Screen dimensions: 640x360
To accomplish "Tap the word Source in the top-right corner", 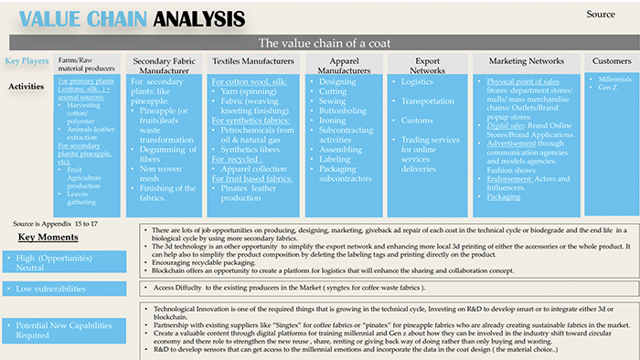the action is click(600, 14).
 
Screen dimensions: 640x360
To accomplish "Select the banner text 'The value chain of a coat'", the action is click(324, 43).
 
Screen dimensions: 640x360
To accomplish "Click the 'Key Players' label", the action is click(27, 61).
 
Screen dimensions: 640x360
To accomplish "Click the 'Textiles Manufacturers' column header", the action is click(252, 61).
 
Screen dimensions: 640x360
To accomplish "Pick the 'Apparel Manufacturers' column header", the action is click(337, 65).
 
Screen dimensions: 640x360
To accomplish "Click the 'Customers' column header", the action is click(611, 61).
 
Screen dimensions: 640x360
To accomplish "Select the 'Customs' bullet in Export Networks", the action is click(417, 120).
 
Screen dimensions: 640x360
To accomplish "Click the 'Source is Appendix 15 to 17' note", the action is click(55, 223).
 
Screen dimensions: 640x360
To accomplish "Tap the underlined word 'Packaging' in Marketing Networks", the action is click(504, 196).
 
